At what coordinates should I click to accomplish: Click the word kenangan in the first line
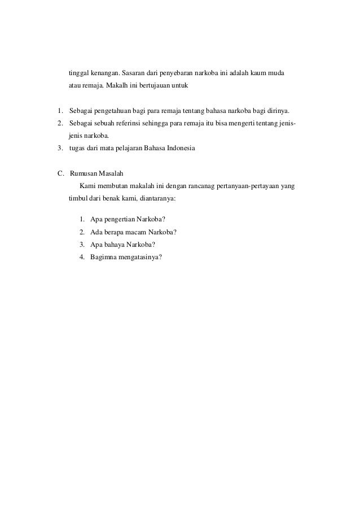[104, 75]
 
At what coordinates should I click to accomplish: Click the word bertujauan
[156, 86]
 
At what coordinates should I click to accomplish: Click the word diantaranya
[154, 198]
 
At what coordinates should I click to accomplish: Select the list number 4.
[82, 258]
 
